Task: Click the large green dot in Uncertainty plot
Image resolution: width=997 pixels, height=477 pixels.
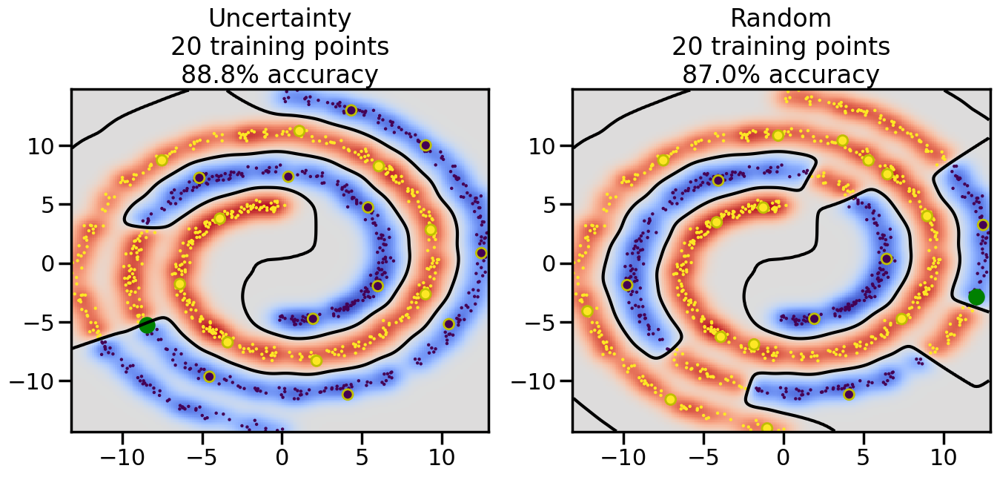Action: pyautogui.click(x=147, y=325)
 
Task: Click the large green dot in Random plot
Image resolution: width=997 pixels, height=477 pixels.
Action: pyautogui.click(x=976, y=297)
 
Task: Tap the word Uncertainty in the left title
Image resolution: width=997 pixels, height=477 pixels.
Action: pyautogui.click(x=279, y=18)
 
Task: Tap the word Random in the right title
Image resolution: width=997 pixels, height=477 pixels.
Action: pyautogui.click(x=781, y=18)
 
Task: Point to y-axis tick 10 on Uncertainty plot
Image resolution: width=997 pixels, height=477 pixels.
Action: pyautogui.click(x=43, y=145)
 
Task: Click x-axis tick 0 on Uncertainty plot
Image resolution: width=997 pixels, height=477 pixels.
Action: pyautogui.click(x=282, y=454)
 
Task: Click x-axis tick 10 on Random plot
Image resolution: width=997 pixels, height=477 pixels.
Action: pyautogui.click(x=944, y=454)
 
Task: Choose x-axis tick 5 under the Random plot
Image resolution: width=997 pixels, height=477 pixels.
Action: pyautogui.click(x=864, y=454)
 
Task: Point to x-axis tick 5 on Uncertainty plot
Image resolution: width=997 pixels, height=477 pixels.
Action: pyautogui.click(x=362, y=454)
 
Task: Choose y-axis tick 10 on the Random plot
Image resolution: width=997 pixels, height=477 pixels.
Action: pyautogui.click(x=544, y=145)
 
